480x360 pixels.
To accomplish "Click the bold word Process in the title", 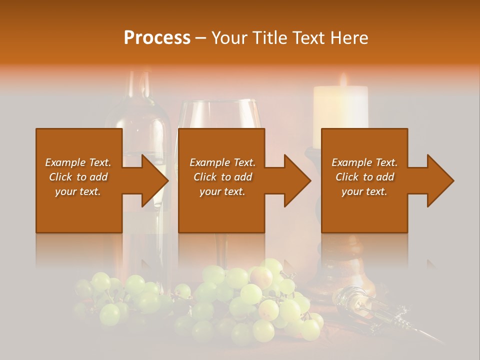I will click(157, 38).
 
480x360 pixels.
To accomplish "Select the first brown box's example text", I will click(78, 177).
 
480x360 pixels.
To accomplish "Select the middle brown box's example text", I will click(222, 177).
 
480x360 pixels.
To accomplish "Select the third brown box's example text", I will click(364, 177).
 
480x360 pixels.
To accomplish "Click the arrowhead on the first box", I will click(155, 180).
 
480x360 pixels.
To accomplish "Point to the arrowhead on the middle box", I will click(298, 180).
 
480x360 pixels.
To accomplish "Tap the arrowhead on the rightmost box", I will click(441, 180).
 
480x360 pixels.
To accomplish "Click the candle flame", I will click(343, 80).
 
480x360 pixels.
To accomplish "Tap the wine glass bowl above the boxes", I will click(220, 115).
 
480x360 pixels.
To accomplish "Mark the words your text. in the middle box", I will click(222, 191).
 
